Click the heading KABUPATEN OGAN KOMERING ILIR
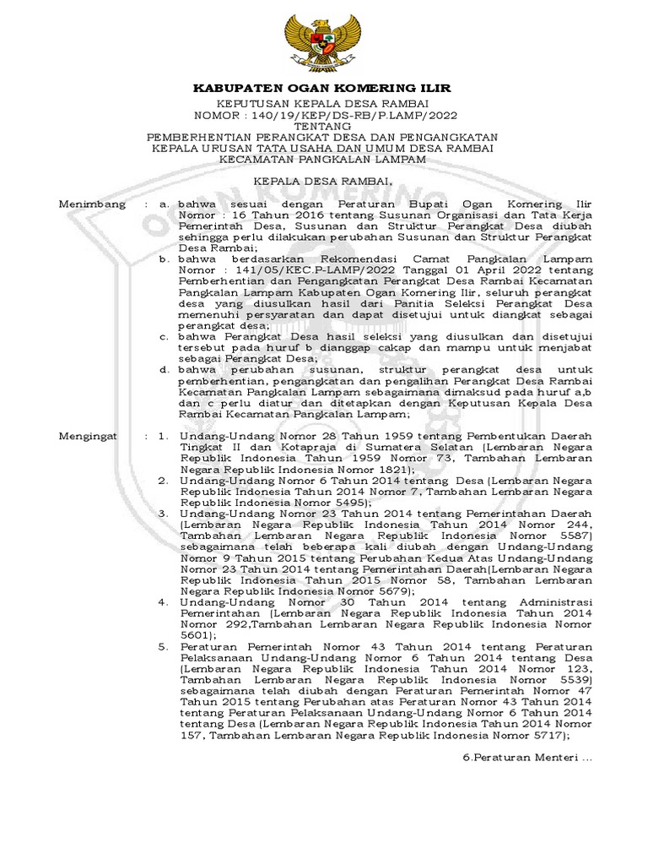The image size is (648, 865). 323,88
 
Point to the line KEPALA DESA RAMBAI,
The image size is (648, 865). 323,182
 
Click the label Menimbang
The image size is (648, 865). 92,204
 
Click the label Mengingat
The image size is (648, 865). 90,434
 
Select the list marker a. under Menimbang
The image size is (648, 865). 165,204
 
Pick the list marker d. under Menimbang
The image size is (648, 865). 165,369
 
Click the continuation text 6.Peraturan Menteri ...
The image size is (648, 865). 530,759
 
